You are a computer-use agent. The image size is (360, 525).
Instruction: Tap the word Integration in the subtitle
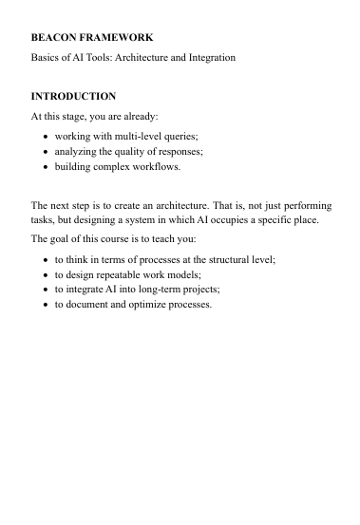[x=209, y=58]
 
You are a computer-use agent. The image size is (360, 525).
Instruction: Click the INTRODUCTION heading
[x=74, y=96]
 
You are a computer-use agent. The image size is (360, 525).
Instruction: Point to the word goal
[x=63, y=238]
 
